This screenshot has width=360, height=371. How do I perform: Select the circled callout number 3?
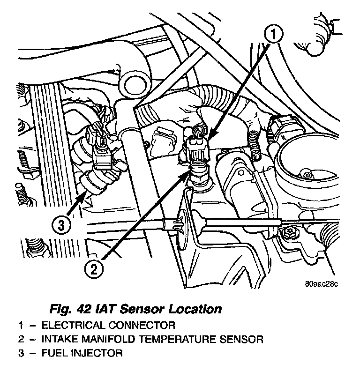(61, 225)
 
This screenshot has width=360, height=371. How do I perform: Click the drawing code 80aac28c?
(321, 283)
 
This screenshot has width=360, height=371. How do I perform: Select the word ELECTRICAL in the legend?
(70, 325)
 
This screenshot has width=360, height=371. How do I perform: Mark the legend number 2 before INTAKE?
(21, 338)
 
